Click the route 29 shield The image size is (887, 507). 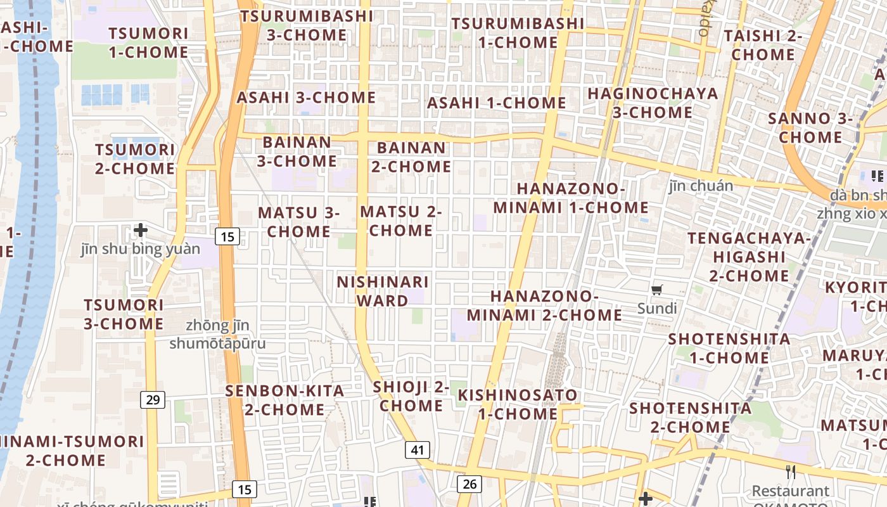[x=152, y=399]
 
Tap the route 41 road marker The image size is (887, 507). [x=417, y=450]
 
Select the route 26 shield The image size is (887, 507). [x=469, y=484]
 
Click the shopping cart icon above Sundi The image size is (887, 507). [x=657, y=290]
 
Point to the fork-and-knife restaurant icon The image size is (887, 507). [x=790, y=472]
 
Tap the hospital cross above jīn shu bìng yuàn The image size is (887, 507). [x=141, y=229]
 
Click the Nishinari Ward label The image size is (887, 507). [x=383, y=291]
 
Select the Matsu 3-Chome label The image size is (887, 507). [x=298, y=222]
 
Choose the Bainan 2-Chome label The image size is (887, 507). [x=411, y=157]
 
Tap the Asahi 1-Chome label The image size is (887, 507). [x=497, y=103]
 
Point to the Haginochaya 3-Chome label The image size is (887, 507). [x=653, y=103]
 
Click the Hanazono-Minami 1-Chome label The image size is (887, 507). [x=571, y=198]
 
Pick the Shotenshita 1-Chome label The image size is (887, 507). [x=729, y=348]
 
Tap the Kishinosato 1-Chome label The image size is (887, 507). [x=518, y=404]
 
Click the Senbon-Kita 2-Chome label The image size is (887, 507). [x=284, y=400]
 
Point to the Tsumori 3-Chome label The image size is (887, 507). [x=124, y=314]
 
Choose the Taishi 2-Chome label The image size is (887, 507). [x=763, y=45]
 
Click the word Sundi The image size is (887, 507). [x=657, y=309]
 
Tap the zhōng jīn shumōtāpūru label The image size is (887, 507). [x=218, y=335]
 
